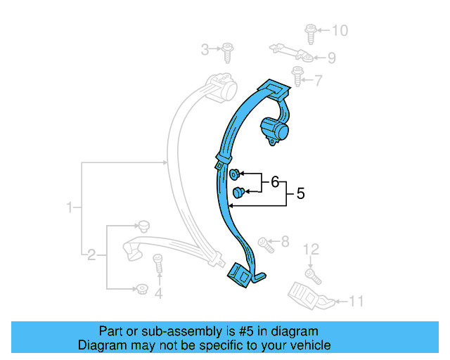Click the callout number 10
coord(340,30)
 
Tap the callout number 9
coord(331,58)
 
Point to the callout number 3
coord(205,49)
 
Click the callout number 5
coord(300,193)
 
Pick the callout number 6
coord(275,183)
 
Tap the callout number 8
coord(285,243)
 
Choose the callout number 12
coord(311,249)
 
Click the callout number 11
coord(356,302)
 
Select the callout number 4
coord(158,294)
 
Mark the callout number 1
coord(70,207)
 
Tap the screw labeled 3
coord(229,51)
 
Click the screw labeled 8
coord(265,244)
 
